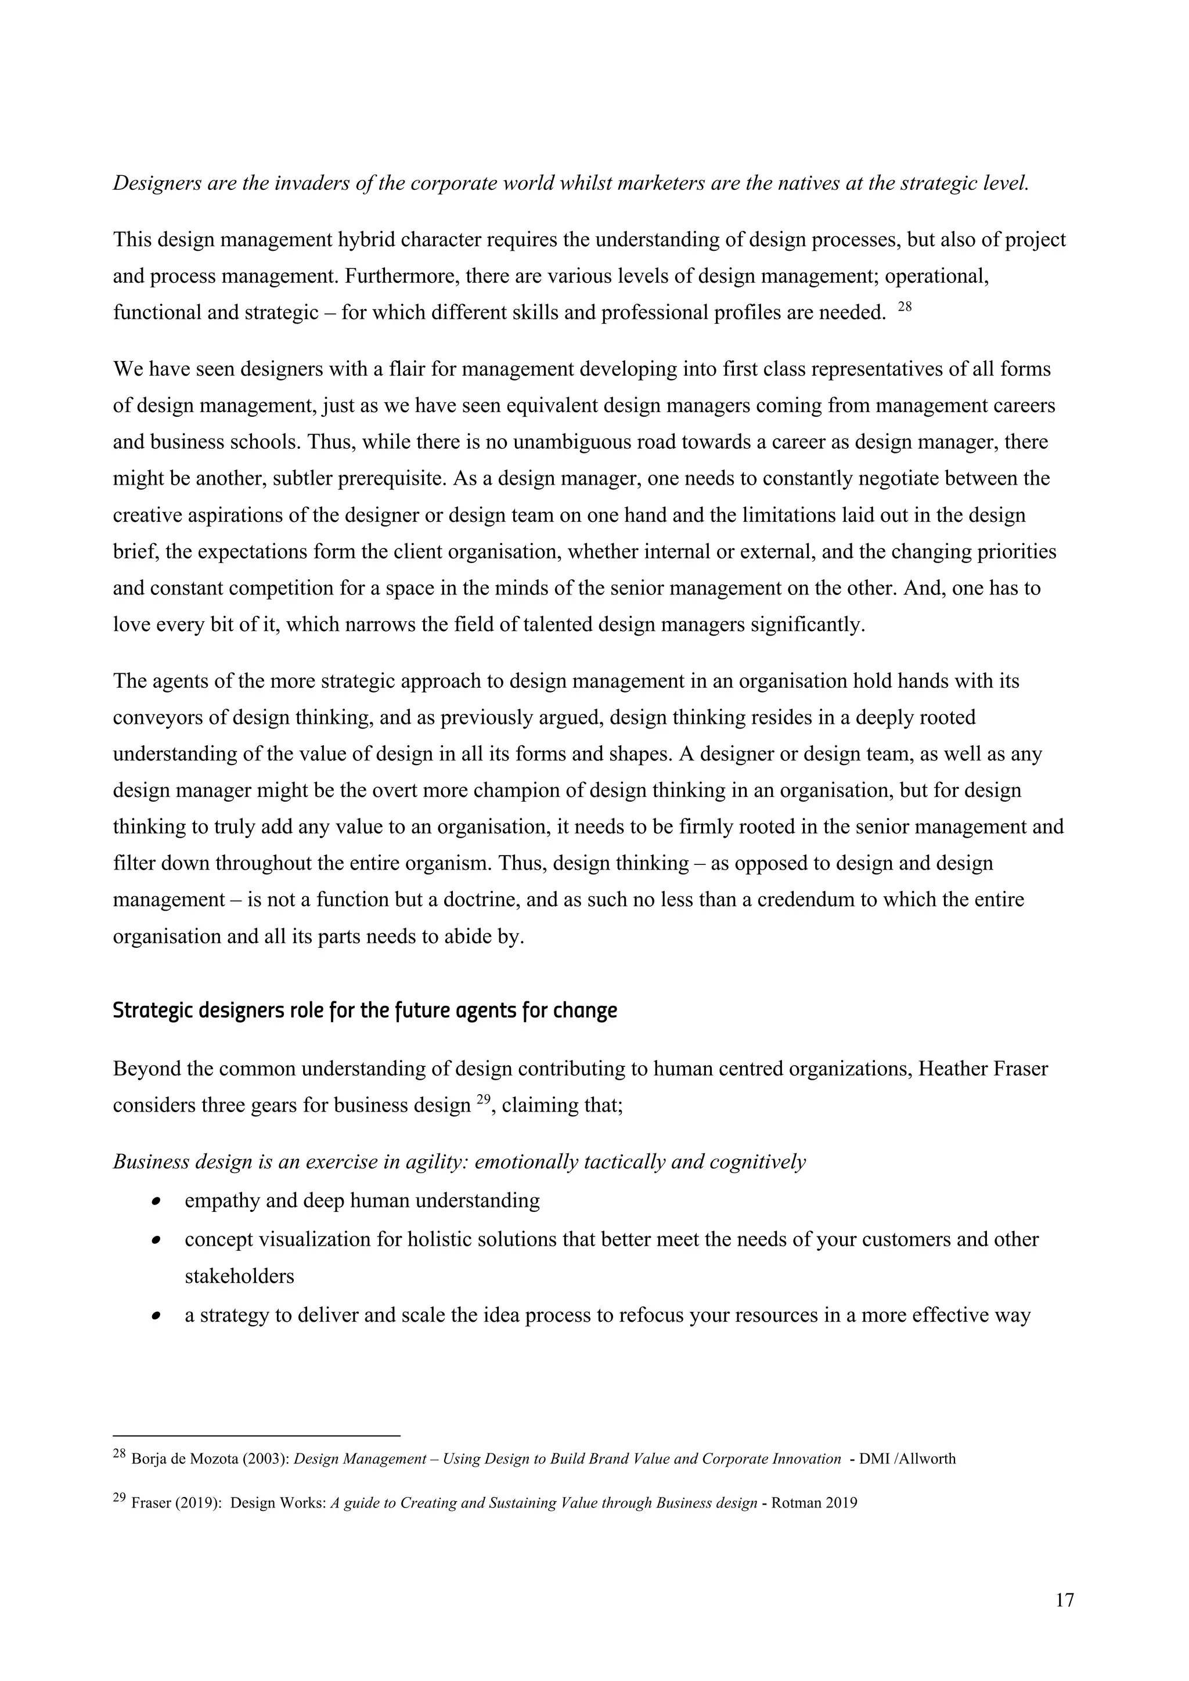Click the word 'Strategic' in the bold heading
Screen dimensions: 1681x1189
[151, 1011]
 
